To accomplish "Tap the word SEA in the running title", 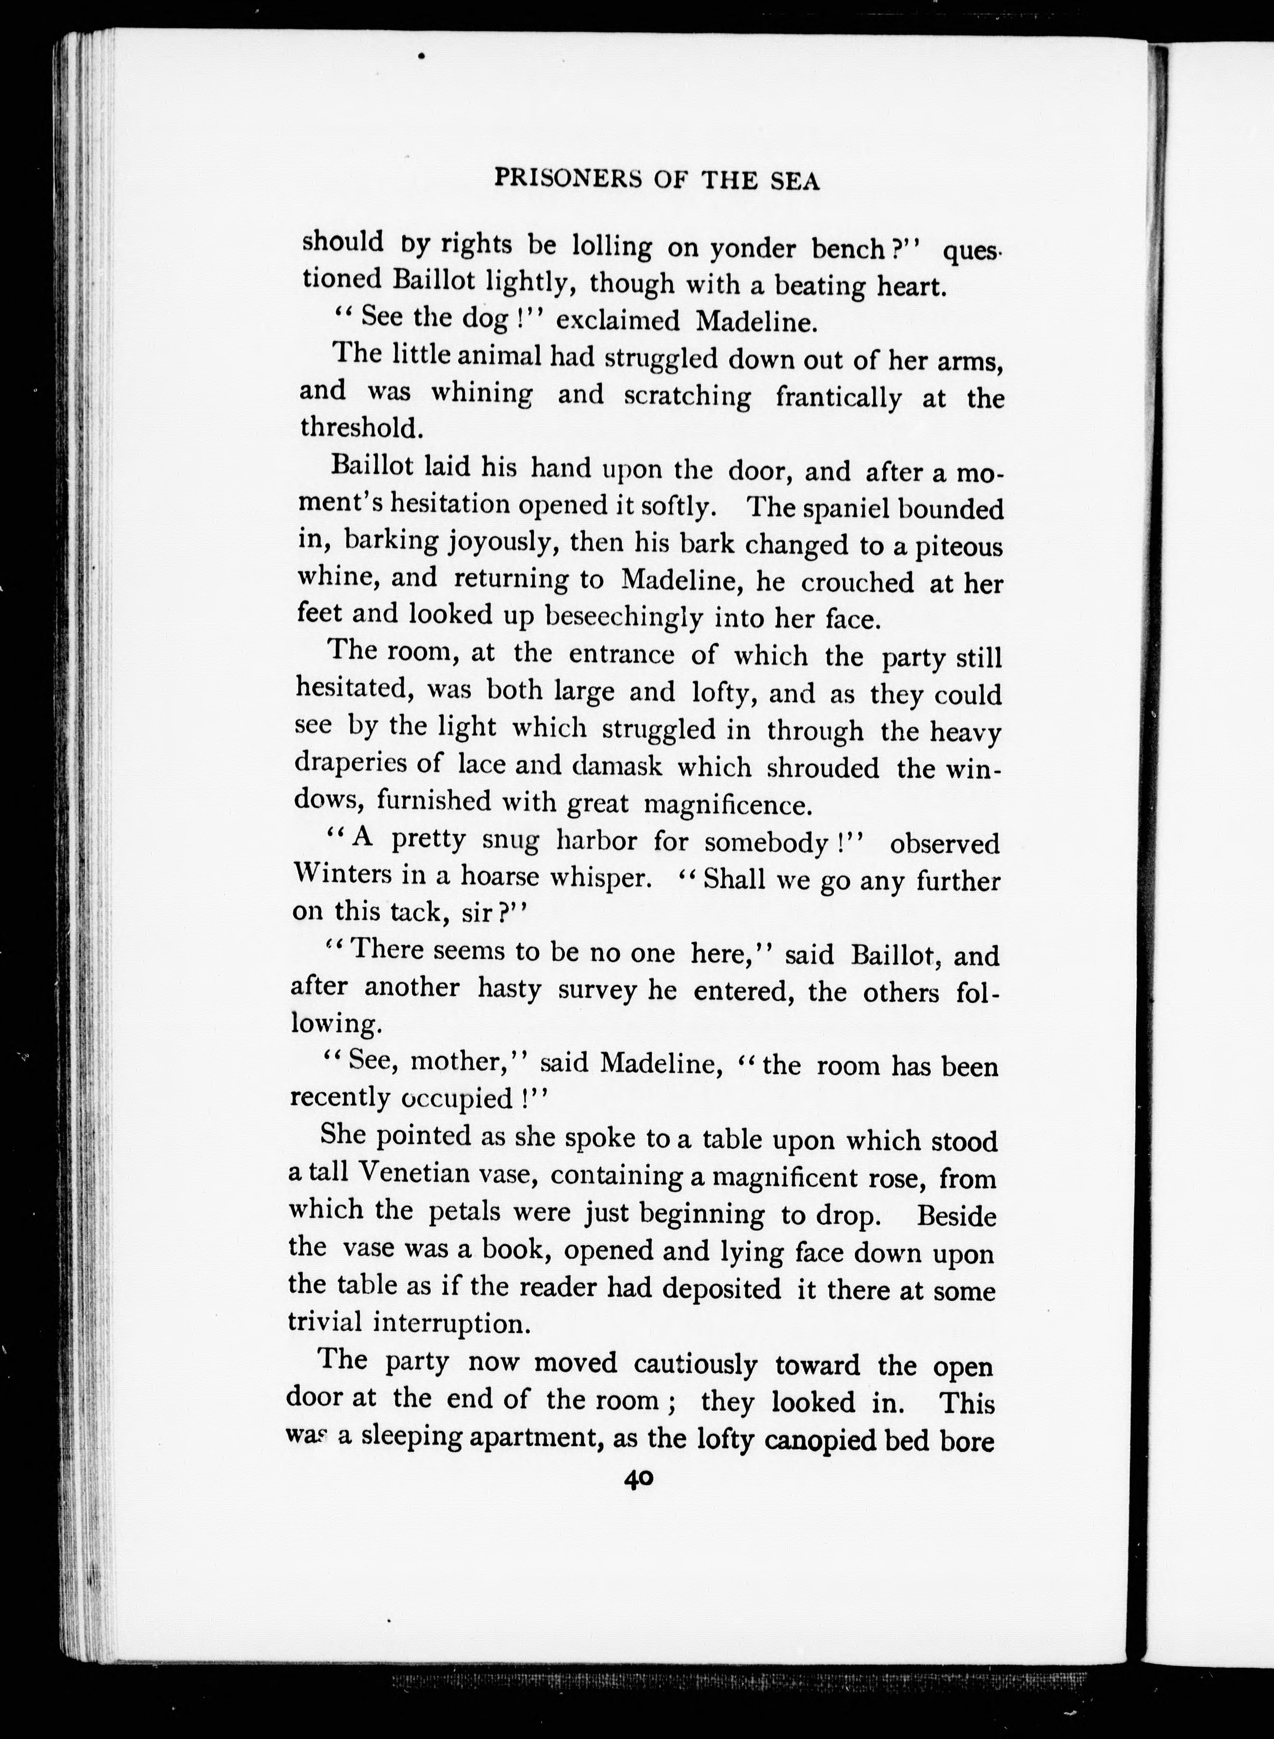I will click(794, 181).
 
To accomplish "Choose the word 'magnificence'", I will click(727, 805).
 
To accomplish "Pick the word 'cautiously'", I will click(695, 1365).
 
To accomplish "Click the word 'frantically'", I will click(838, 397).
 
